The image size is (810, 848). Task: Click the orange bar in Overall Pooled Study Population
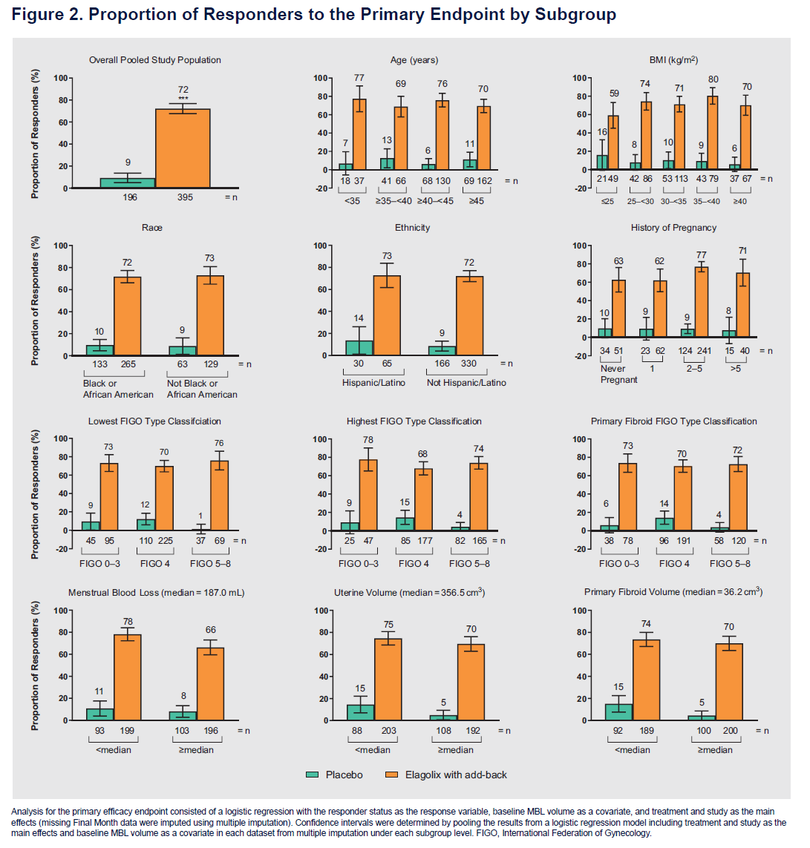[x=183, y=148]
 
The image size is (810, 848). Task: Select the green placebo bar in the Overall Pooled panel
[x=127, y=183]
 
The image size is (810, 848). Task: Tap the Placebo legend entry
[x=335, y=775]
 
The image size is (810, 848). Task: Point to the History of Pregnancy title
[x=673, y=227]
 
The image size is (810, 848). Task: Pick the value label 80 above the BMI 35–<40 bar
[x=713, y=79]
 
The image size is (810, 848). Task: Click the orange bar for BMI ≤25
[x=613, y=142]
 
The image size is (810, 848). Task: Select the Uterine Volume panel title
[x=415, y=592]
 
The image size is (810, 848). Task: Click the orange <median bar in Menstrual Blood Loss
[x=127, y=677]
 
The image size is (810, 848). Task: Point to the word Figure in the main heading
[x=38, y=15]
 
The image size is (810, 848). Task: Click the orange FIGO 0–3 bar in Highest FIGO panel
[x=369, y=495]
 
